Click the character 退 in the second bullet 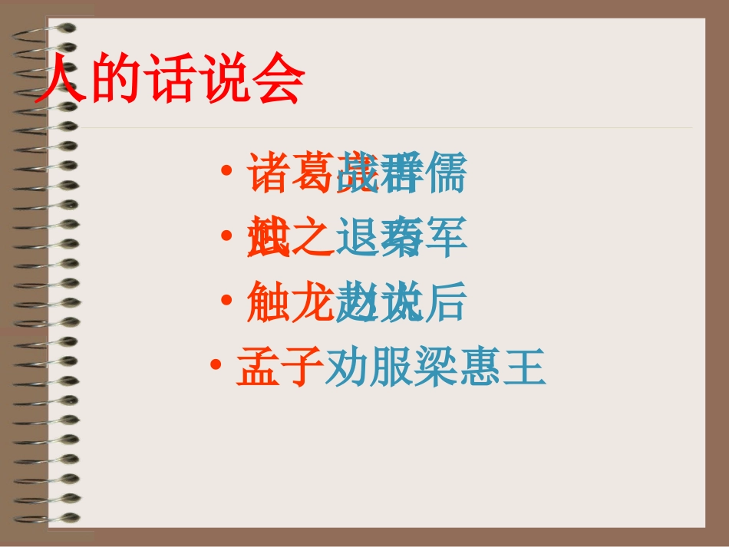coord(357,238)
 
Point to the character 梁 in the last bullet coord(437,367)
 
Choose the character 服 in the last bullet coord(392,367)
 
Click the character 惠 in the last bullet coord(480,367)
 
